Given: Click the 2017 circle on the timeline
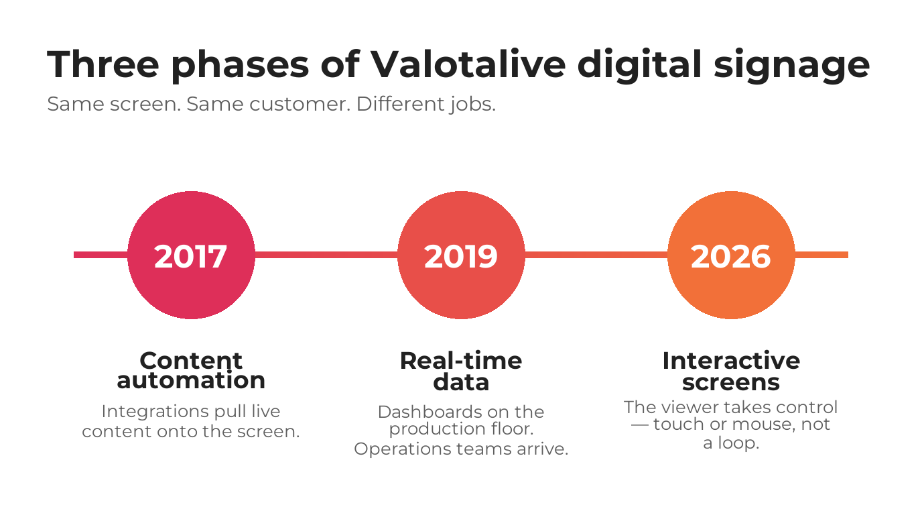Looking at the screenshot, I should pos(191,255).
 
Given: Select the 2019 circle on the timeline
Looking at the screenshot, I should pos(461,255).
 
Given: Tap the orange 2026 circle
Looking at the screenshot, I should pos(731,255).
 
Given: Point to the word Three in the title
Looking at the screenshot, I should pos(103,65).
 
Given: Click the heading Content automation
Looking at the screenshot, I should pos(191,370).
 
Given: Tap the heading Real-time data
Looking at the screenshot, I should pos(461,371).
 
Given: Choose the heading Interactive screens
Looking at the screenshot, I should pos(731,371).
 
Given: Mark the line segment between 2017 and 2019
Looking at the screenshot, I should pos(326,255).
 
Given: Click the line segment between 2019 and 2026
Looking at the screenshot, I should pos(596,255).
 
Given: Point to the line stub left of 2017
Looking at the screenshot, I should pos(101,255).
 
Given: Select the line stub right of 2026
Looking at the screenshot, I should pos(821,255).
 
